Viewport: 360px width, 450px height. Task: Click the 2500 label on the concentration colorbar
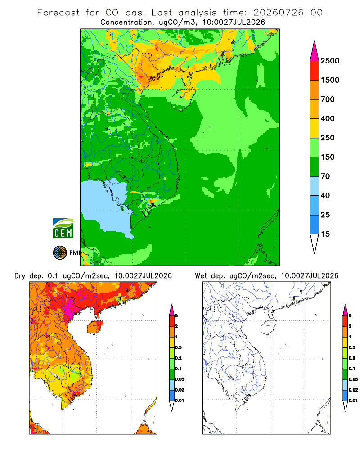(x=330, y=61)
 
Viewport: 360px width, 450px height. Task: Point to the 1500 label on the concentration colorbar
(x=330, y=80)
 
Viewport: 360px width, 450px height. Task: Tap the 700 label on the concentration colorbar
(x=328, y=99)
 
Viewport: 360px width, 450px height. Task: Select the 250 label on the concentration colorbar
(x=328, y=138)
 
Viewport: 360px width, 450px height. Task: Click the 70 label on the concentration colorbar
(x=325, y=176)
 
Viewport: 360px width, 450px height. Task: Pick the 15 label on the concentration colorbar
(x=325, y=234)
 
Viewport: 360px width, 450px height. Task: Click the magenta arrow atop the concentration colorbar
(x=315, y=51)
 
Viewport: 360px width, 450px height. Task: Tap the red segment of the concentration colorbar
(x=315, y=71)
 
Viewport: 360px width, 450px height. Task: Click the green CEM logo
(x=63, y=229)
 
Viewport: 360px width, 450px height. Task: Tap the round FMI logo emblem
(x=60, y=253)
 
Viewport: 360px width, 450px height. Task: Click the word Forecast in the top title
(x=58, y=13)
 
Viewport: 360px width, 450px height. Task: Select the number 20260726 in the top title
(x=278, y=13)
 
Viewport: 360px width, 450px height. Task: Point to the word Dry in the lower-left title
(x=20, y=276)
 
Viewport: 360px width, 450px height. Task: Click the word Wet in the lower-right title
(x=201, y=276)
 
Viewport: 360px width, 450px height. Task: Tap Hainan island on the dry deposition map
(x=95, y=327)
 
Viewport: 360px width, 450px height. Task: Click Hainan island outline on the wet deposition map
(x=269, y=327)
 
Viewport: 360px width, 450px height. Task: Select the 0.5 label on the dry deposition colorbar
(x=178, y=347)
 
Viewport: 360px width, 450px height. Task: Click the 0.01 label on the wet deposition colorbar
(x=353, y=400)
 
